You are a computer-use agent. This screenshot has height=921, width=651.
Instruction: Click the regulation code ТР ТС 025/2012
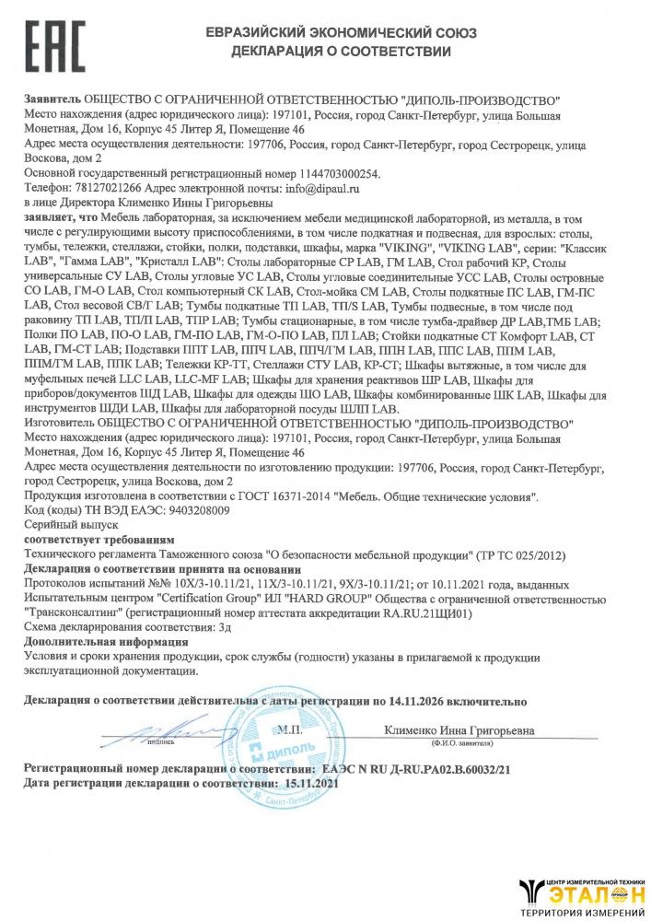pos(511,555)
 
